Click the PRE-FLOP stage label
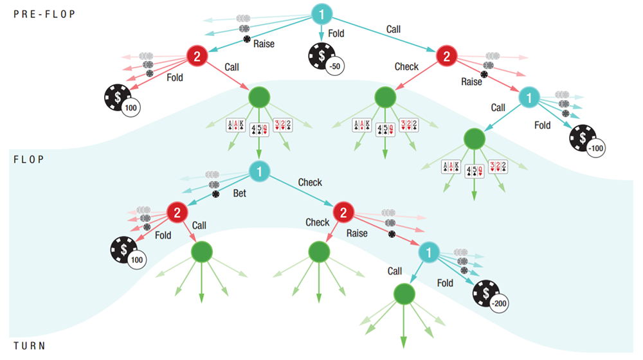(x=44, y=14)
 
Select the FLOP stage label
(x=29, y=159)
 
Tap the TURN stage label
(x=29, y=346)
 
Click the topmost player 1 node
(x=321, y=14)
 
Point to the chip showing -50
(x=326, y=59)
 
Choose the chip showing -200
(x=490, y=296)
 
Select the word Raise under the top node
(x=264, y=44)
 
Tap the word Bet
(x=239, y=193)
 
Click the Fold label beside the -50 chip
(x=336, y=33)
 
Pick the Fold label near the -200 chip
(x=445, y=283)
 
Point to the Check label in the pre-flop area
(x=406, y=66)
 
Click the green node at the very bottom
(x=404, y=294)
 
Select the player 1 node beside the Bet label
(x=259, y=172)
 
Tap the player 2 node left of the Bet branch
(x=177, y=212)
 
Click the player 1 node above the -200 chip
(x=429, y=253)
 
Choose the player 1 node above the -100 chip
(x=529, y=98)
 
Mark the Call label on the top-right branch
(x=394, y=30)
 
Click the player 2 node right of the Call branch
(x=447, y=56)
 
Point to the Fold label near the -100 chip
(x=542, y=125)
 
